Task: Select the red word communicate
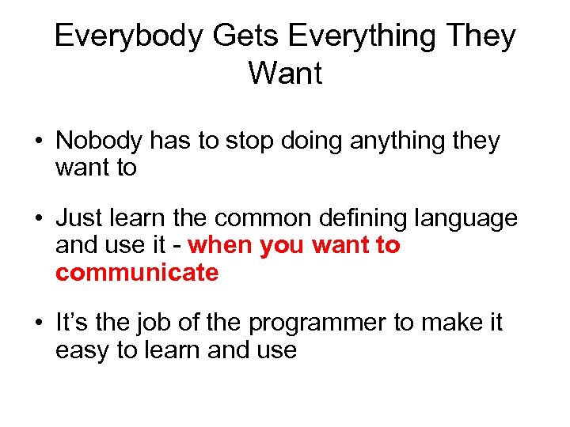137,273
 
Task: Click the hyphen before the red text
179,246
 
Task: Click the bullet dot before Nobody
39,142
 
